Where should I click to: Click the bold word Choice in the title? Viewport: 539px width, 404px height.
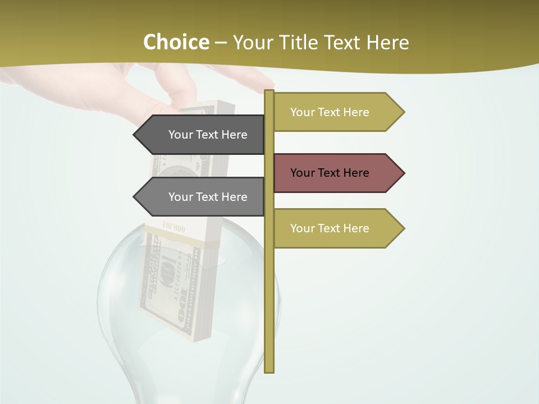[x=176, y=42]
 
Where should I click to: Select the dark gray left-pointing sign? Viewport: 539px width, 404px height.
[x=202, y=135]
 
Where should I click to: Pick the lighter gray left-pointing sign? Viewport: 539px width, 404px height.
[x=202, y=197]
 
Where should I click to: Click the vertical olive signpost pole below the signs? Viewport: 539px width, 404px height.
[x=269, y=309]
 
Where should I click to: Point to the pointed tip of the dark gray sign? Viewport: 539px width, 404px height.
[x=135, y=135]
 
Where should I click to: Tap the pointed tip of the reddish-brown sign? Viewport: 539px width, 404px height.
[x=403, y=173]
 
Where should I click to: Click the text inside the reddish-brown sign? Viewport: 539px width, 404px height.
[x=330, y=173]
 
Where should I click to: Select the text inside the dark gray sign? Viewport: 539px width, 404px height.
[x=208, y=135]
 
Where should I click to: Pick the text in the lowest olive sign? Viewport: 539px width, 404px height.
[x=330, y=228]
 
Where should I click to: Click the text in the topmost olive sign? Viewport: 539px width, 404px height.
[x=330, y=112]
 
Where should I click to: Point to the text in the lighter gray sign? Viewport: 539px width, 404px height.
[x=208, y=197]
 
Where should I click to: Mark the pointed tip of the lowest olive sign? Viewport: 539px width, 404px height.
[x=403, y=228]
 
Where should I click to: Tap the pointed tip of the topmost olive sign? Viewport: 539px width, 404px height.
[x=403, y=112]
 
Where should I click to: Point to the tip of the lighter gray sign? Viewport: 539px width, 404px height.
[x=135, y=197]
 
